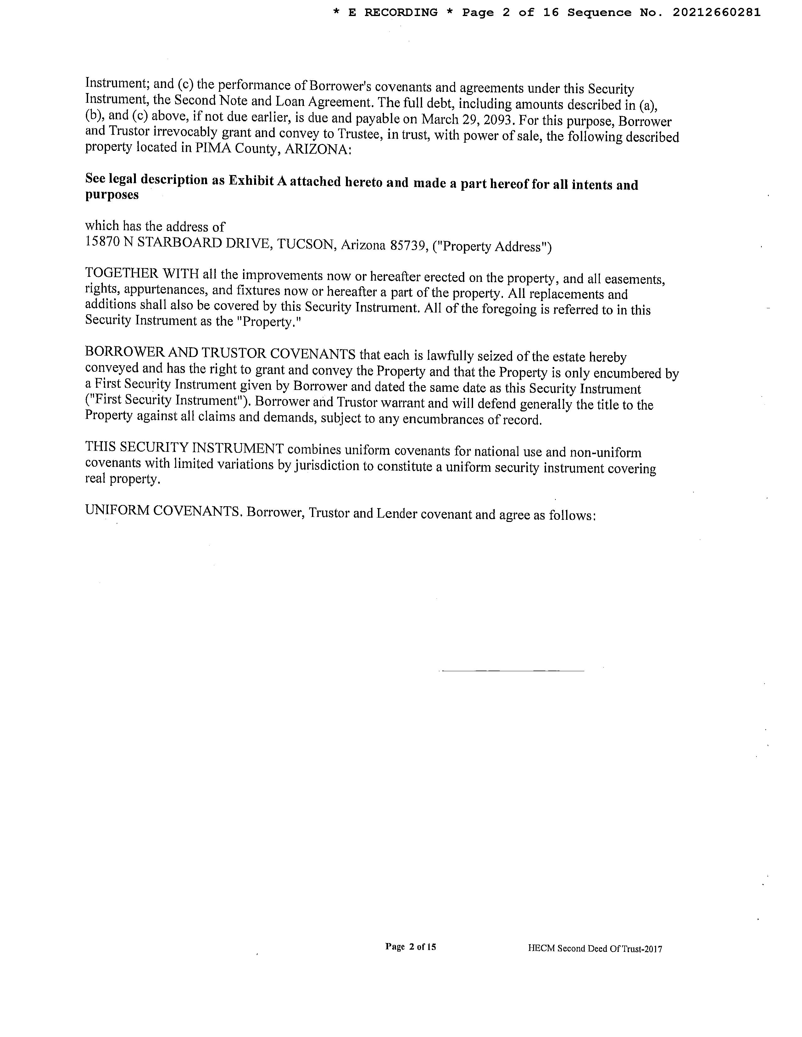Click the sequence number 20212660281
[x=716, y=13]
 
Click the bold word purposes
[x=112, y=195]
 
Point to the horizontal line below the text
[x=512, y=671]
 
